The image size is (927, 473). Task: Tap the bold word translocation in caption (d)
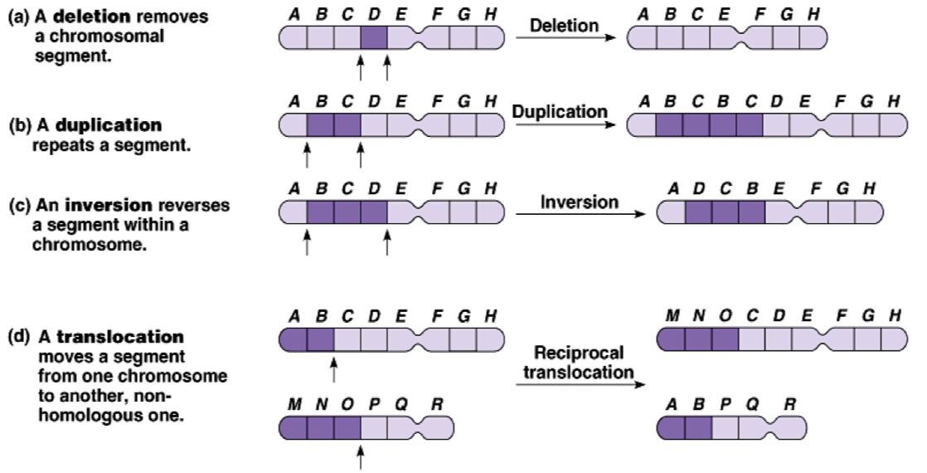[120, 339]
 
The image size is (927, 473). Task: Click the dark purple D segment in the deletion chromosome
[374, 37]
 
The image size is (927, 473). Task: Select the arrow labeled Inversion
[580, 215]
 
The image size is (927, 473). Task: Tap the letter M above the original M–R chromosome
[294, 403]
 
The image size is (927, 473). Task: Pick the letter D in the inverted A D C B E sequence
[699, 189]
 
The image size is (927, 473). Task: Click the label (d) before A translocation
[17, 339]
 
